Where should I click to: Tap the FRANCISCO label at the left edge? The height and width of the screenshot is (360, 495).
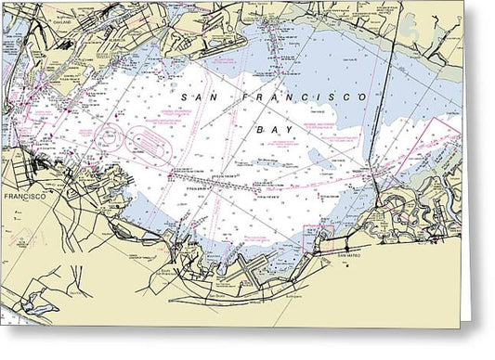[x=19, y=198]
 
